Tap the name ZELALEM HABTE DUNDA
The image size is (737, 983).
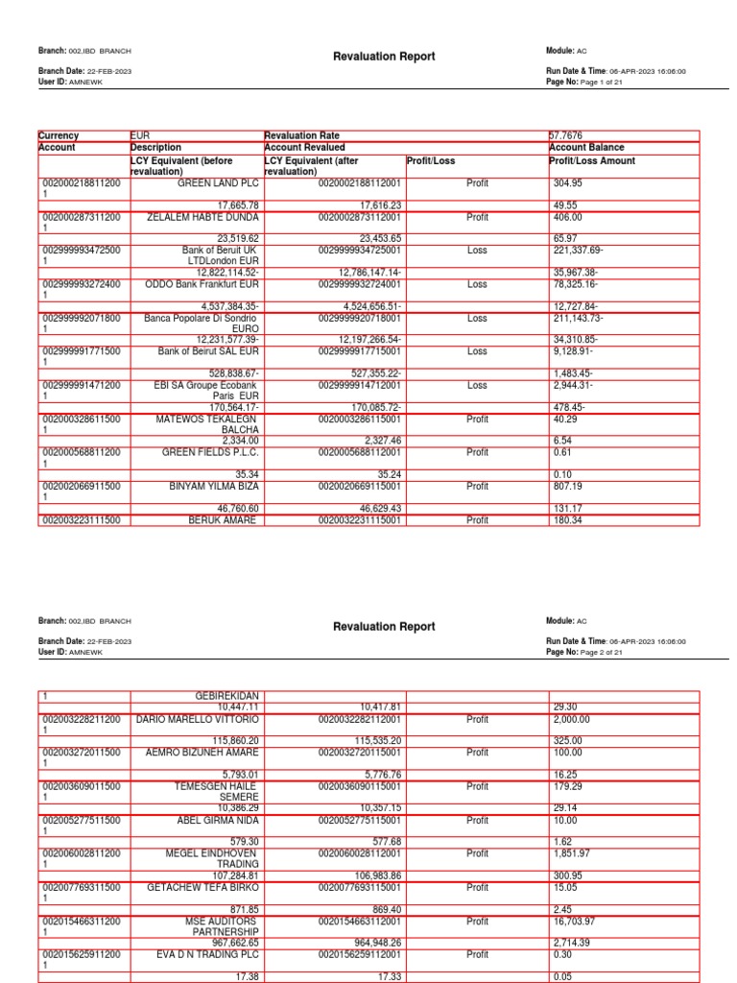click(202, 217)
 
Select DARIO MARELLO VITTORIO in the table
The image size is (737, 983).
click(198, 718)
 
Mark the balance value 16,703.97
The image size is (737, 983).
click(576, 920)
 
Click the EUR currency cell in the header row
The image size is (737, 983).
click(141, 136)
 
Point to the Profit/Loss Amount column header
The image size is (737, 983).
click(591, 161)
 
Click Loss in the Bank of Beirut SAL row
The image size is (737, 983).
click(477, 351)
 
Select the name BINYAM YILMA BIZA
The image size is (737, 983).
click(214, 486)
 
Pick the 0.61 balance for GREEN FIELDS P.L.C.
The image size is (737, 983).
click(562, 452)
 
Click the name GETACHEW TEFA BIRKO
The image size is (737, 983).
click(202, 887)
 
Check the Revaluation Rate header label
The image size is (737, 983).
click(301, 136)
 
